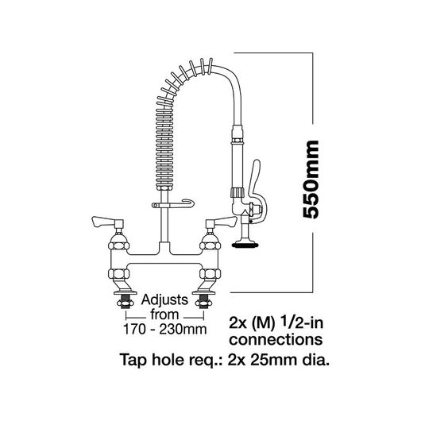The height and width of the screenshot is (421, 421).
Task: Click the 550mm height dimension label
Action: [x=311, y=180]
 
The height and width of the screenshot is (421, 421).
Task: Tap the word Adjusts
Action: [x=164, y=300]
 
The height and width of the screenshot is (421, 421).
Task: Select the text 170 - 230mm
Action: [x=165, y=329]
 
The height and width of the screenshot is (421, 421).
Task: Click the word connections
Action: [x=276, y=340]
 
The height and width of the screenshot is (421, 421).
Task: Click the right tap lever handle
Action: [x=222, y=222]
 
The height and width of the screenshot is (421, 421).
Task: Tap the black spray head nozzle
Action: [x=245, y=245]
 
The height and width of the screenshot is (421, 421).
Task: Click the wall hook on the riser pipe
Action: [x=173, y=205]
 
